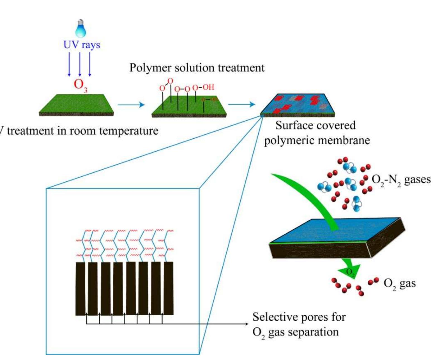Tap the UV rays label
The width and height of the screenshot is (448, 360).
(x=82, y=45)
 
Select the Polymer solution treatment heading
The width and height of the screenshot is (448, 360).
(x=197, y=68)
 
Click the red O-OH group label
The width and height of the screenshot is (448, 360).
(x=203, y=87)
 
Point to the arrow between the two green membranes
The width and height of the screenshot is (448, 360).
(x=131, y=105)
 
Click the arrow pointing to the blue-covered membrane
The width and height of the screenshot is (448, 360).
(x=242, y=105)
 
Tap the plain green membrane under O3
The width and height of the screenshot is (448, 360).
(x=76, y=105)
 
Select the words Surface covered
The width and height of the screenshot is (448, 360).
(x=315, y=125)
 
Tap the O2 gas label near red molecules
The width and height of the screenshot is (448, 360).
(x=399, y=283)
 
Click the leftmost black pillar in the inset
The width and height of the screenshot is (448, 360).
(x=80, y=289)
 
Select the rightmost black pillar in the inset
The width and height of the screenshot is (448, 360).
(x=168, y=288)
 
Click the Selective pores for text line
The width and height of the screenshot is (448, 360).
(x=299, y=317)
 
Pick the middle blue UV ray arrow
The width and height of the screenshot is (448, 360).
(x=80, y=64)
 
